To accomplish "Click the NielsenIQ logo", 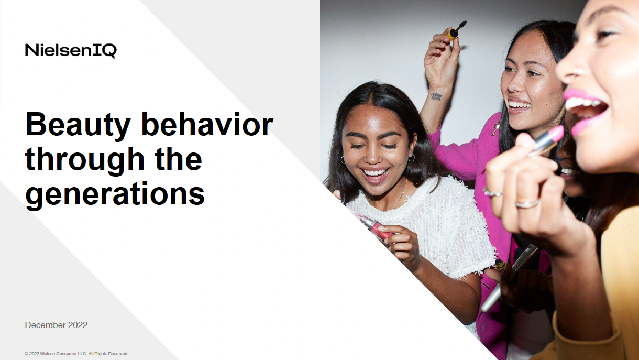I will click(71, 51).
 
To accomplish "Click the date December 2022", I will click(56, 325).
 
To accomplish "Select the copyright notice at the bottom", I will click(76, 354).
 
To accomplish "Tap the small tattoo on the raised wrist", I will click(436, 96).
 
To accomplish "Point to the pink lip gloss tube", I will click(376, 226).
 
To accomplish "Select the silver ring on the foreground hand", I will click(527, 203).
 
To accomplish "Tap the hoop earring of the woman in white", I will click(411, 157).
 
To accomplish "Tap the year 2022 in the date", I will click(78, 325).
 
